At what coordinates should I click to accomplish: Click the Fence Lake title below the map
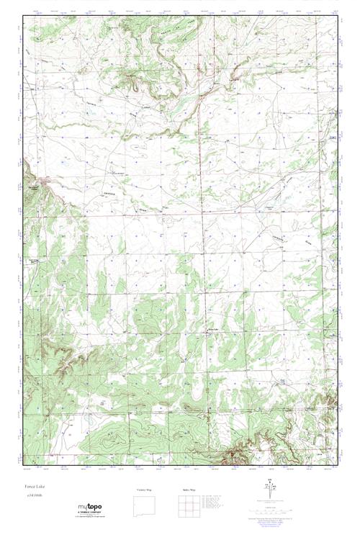(x=32, y=485)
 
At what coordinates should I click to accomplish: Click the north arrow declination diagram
(x=269, y=493)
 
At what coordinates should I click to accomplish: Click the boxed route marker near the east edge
(x=332, y=137)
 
